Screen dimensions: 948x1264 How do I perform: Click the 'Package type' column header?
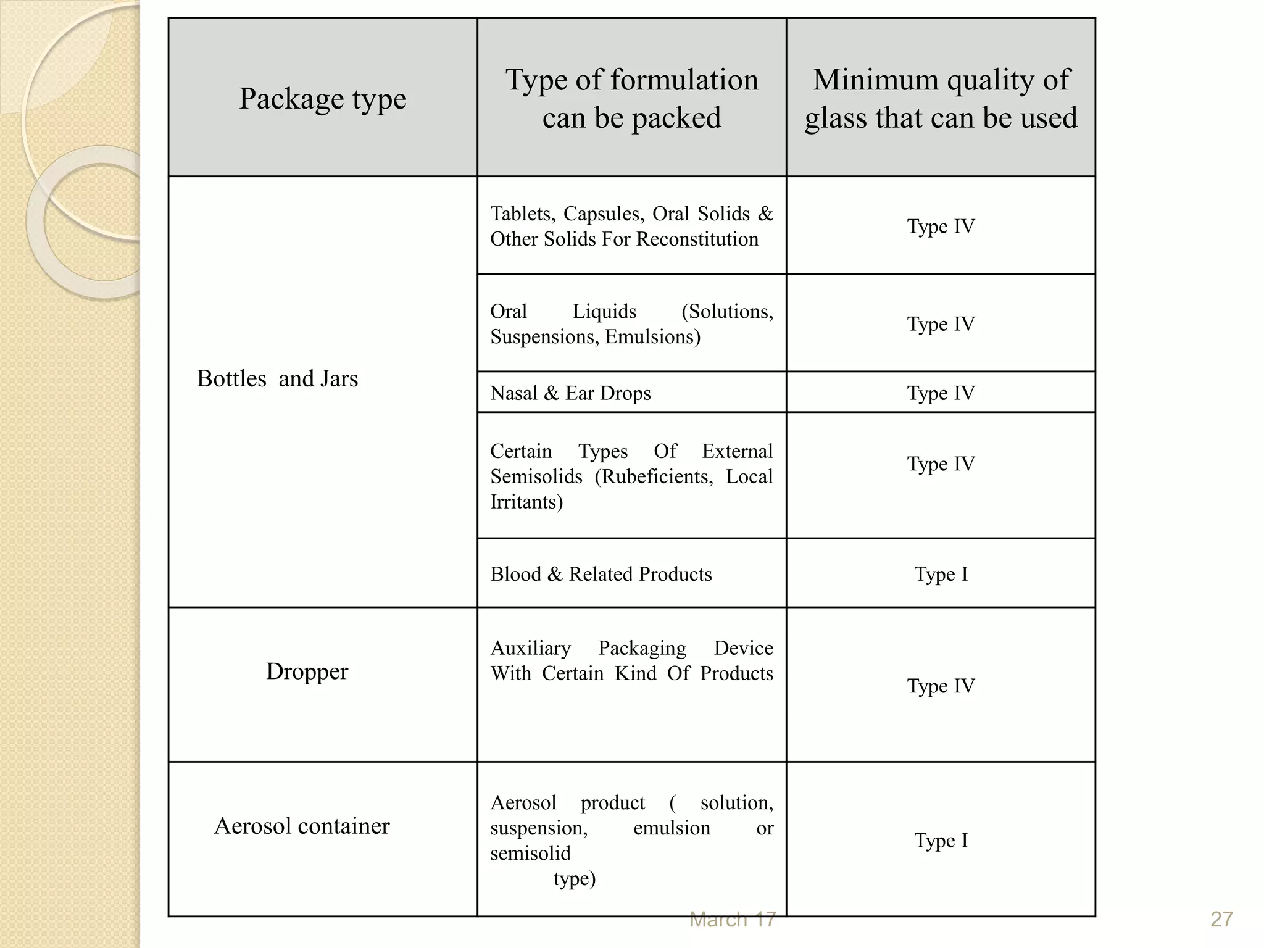pyautogui.click(x=323, y=99)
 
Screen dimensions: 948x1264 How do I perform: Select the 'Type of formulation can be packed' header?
pyautogui.click(x=631, y=99)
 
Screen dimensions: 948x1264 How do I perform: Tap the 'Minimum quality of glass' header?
pyautogui.click(x=941, y=99)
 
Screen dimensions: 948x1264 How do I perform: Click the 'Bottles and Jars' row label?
pyautogui.click(x=277, y=378)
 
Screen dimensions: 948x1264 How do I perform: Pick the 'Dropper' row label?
pyautogui.click(x=307, y=671)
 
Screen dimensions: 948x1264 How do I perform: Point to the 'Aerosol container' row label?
pyautogui.click(x=302, y=826)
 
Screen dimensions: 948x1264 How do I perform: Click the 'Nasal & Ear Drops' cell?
pyautogui.click(x=570, y=393)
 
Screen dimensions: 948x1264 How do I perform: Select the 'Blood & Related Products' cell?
pyautogui.click(x=601, y=574)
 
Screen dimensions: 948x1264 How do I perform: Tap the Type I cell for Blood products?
pyautogui.click(x=941, y=574)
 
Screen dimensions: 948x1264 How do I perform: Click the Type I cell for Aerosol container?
pyautogui.click(x=941, y=841)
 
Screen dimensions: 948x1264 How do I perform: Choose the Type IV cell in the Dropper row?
pyautogui.click(x=941, y=686)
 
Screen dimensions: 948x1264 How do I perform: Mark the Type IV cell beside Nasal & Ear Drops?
pyautogui.click(x=941, y=393)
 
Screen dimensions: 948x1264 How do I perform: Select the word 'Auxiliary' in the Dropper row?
pyautogui.click(x=530, y=648)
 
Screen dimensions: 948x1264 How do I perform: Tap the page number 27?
pyautogui.click(x=1221, y=920)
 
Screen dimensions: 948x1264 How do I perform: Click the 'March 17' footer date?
pyautogui.click(x=732, y=920)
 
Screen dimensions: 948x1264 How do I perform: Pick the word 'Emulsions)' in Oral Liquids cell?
pyautogui.click(x=652, y=337)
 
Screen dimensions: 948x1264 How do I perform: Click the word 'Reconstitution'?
pyautogui.click(x=697, y=239)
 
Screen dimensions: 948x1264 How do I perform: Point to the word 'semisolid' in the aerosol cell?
pyautogui.click(x=530, y=853)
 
